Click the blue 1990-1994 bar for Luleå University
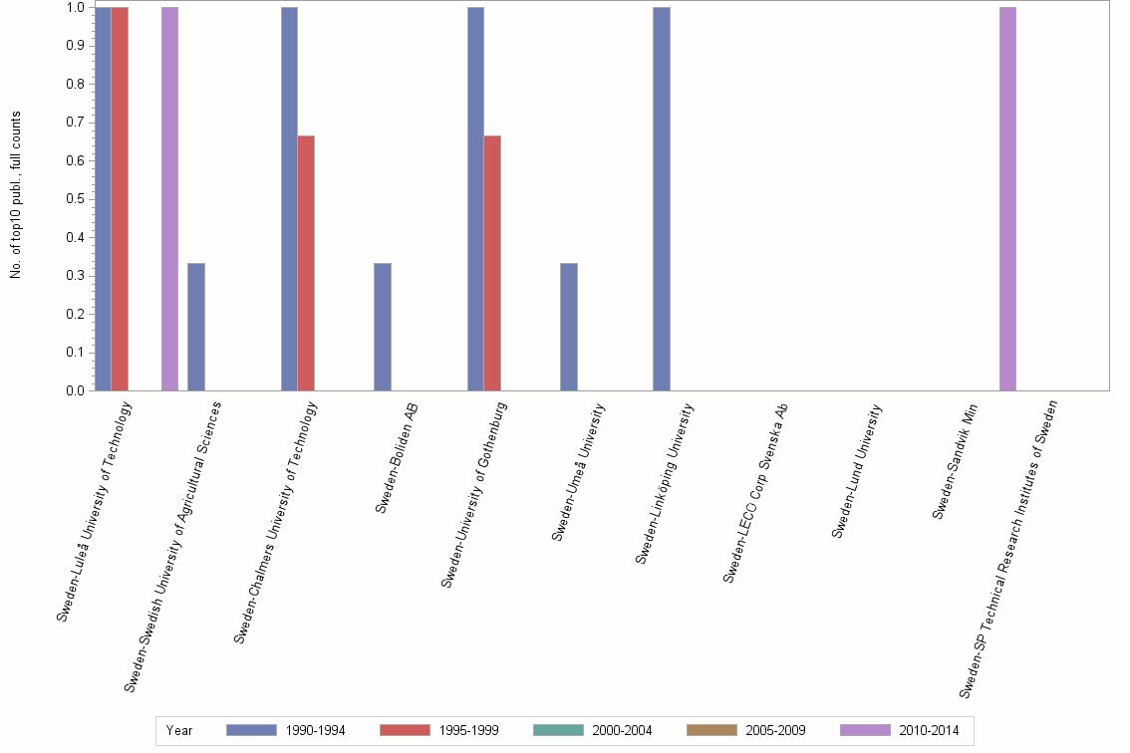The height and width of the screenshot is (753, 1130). point(103,199)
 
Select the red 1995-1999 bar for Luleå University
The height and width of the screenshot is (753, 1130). point(120,199)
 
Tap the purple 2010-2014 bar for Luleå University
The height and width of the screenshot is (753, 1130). point(169,199)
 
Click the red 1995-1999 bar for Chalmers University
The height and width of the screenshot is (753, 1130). point(306,263)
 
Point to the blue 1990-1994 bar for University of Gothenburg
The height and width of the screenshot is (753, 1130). point(475,199)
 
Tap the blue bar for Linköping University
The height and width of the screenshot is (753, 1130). point(662,199)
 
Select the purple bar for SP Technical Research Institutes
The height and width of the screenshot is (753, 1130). point(1007,199)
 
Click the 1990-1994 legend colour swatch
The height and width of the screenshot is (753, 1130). point(258,730)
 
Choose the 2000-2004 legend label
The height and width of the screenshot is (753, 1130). point(622,730)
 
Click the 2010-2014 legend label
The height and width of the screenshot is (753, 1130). point(929,730)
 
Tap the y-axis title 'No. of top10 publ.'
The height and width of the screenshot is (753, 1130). point(16,194)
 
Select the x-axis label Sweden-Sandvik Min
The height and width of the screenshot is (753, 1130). point(955,460)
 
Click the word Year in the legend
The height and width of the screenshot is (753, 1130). point(179,730)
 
